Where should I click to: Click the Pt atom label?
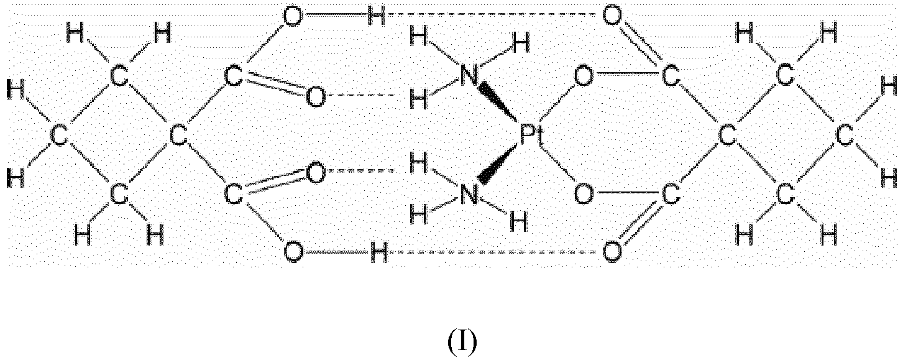pyautogui.click(x=530, y=135)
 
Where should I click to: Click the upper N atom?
pyautogui.click(x=469, y=76)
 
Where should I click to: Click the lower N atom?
pyautogui.click(x=469, y=195)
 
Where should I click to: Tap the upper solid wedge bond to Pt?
pyautogui.click(x=498, y=101)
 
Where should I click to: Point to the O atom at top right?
pyautogui.click(x=612, y=17)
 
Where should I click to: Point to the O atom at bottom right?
pyautogui.click(x=612, y=252)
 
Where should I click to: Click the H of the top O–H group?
pyautogui.click(x=377, y=17)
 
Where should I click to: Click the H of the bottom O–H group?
pyautogui.click(x=378, y=252)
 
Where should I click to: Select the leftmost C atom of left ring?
pyautogui.click(x=59, y=136)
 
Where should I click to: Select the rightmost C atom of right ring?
pyautogui.click(x=845, y=136)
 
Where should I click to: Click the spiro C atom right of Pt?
pyautogui.click(x=728, y=136)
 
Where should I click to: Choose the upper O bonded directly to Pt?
pyautogui.click(x=584, y=76)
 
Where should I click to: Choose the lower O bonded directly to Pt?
pyautogui.click(x=584, y=195)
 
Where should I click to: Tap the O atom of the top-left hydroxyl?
pyautogui.click(x=293, y=17)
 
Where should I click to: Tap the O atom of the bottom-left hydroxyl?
pyautogui.click(x=293, y=252)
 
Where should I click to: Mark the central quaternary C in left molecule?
pyautogui.click(x=178, y=136)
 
